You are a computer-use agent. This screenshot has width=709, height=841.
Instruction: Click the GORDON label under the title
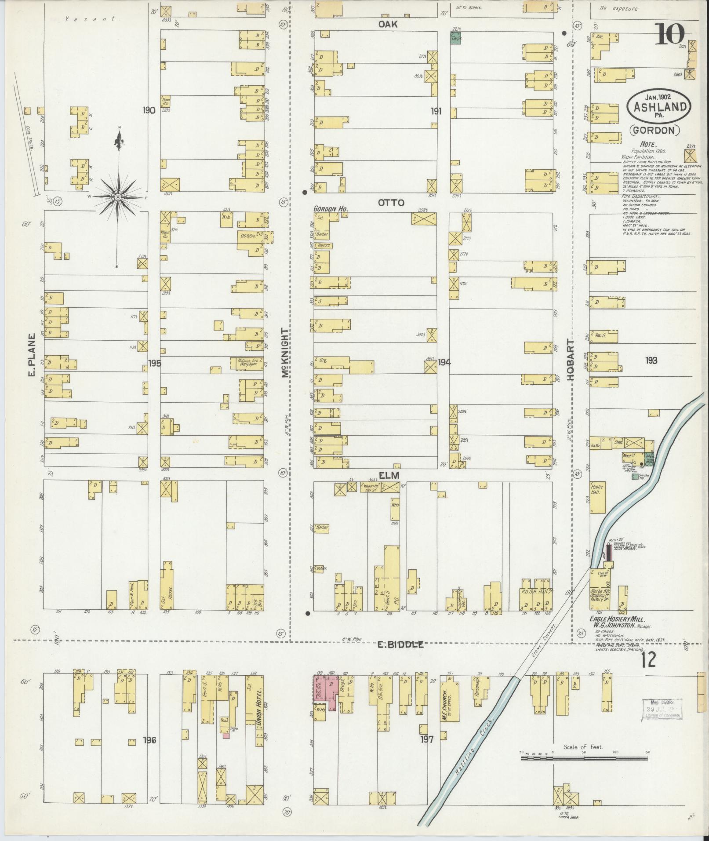coord(654,130)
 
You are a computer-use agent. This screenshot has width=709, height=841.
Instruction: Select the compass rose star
coord(118,198)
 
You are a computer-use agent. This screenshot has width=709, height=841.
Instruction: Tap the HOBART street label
coord(571,359)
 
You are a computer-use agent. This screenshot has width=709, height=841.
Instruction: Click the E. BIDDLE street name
coord(401,644)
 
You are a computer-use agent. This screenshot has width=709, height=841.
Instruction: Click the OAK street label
coord(388,25)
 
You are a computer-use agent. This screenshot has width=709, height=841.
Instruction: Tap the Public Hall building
coord(597,497)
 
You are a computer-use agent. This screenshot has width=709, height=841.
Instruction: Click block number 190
coord(149,110)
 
